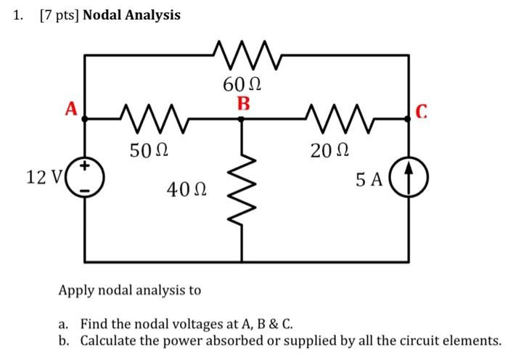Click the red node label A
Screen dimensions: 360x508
70,109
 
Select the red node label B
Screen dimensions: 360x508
242,104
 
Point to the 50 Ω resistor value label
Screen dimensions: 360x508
149,151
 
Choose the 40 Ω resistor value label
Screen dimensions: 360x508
187,190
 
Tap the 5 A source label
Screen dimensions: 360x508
369,180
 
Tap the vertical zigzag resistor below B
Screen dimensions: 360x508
242,190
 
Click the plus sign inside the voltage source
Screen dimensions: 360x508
86,167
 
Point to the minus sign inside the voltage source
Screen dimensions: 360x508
86,190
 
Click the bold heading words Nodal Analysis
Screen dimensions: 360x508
131,15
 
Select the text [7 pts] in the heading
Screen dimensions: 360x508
60,15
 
